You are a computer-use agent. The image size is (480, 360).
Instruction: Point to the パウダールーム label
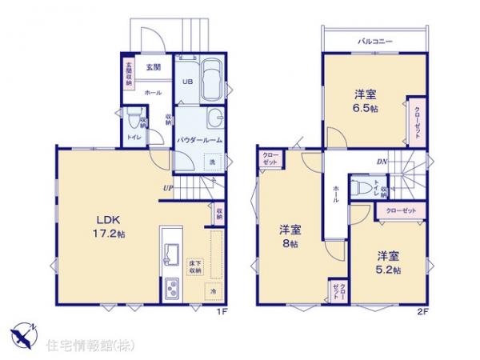click(199, 139)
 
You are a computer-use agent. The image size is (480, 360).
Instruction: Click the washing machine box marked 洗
click(212, 162)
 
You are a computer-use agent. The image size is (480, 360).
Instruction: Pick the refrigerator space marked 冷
click(214, 292)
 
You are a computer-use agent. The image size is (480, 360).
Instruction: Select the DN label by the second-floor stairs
click(381, 161)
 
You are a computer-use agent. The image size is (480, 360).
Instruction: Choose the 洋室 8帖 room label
click(289, 237)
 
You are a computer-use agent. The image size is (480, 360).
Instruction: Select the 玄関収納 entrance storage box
click(128, 74)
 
